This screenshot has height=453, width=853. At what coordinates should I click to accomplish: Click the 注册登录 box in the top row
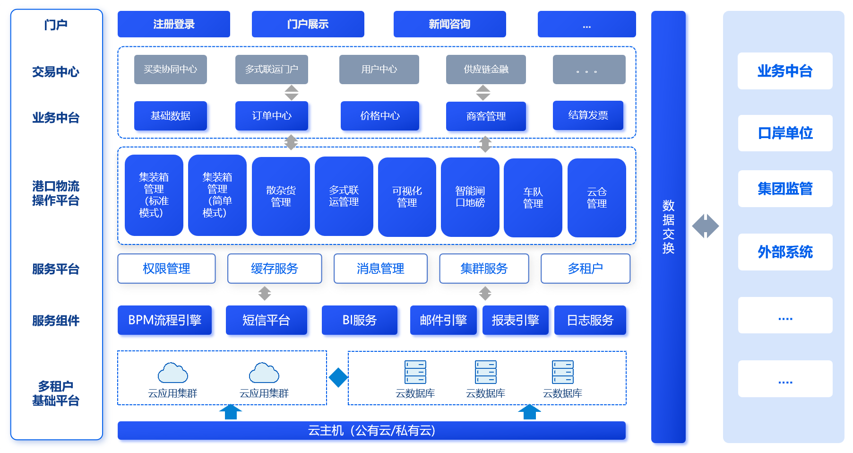173,24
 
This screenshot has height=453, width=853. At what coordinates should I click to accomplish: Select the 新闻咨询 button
449,24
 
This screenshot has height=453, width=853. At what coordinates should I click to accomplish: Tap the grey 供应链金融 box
486,70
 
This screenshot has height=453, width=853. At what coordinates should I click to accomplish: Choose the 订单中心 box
272,116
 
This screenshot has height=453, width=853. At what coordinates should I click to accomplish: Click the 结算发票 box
588,115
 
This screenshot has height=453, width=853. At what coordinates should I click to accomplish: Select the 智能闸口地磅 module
470,197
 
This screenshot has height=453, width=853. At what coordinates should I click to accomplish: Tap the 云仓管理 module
596,198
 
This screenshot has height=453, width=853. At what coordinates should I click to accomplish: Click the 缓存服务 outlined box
275,269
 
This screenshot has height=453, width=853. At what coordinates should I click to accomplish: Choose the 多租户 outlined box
585,269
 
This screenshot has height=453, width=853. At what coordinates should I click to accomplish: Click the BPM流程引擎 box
164,320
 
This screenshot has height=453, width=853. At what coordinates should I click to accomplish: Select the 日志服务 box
590,320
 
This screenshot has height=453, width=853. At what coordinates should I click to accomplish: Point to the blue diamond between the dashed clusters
338,377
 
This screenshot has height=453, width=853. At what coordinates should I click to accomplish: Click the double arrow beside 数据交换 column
705,226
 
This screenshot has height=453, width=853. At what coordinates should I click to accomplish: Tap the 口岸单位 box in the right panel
785,133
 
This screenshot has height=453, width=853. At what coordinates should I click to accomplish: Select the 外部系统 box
785,252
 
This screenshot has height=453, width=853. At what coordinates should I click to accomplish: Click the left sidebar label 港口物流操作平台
56,193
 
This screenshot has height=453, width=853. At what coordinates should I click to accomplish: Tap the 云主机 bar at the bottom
371,430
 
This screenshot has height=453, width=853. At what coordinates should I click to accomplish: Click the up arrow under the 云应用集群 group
231,412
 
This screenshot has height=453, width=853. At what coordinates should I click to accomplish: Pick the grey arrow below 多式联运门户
292,93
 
